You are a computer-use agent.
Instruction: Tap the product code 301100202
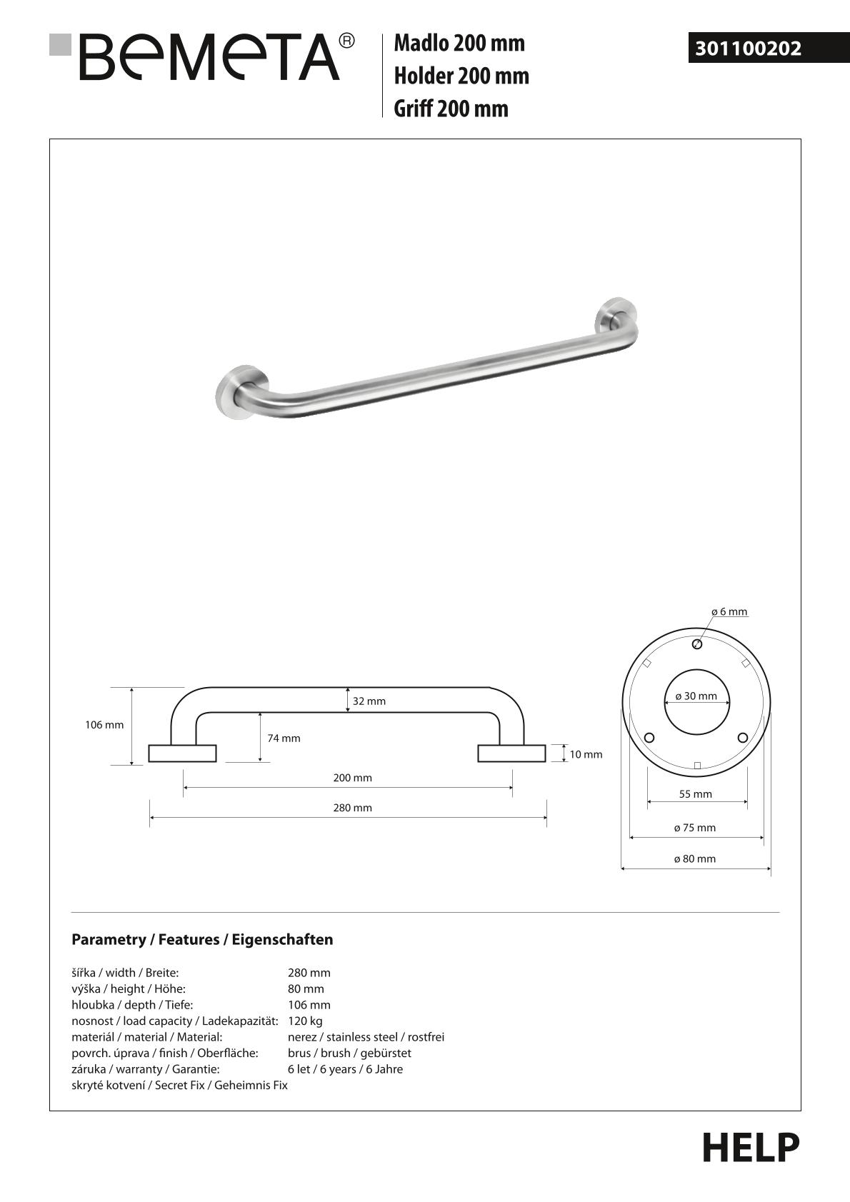749,49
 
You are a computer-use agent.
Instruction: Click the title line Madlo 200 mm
459,44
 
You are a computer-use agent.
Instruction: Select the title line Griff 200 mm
451,109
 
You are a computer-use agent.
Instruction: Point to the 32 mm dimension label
369,701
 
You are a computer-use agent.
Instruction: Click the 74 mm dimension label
284,738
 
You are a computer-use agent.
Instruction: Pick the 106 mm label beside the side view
104,725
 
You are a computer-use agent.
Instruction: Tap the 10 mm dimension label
586,754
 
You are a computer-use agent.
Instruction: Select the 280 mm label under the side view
352,808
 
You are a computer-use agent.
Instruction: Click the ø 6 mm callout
729,611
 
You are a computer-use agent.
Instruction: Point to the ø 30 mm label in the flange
696,696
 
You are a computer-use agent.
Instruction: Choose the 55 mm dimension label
695,794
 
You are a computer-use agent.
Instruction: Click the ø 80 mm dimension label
695,859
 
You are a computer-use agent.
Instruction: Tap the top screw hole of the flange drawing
697,644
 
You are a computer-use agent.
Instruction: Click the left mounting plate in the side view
182,753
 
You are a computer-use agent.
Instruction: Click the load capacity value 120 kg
305,1021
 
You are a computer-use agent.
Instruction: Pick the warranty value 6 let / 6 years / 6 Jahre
345,1069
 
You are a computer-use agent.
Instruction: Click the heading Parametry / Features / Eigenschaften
202,939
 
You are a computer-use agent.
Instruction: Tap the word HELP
751,1148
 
